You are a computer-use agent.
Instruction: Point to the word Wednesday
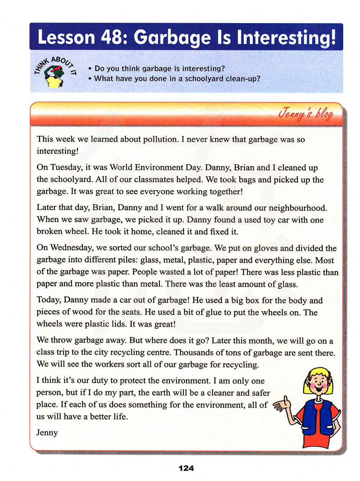[x=71, y=248]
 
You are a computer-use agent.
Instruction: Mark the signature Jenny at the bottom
[x=47, y=432]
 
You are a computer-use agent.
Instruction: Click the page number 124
[x=186, y=468]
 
